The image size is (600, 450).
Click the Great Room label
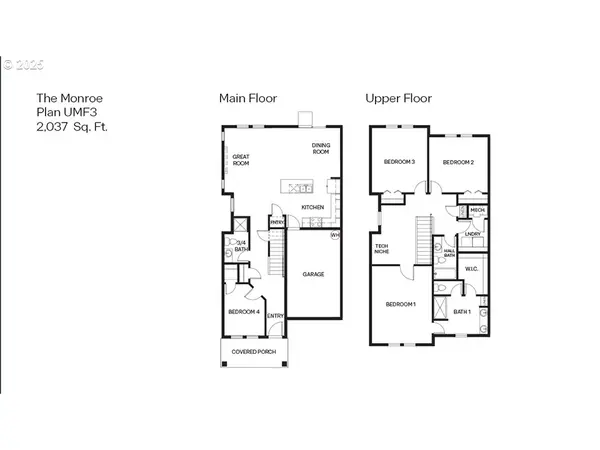click(241, 160)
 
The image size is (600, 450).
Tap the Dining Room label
click(320, 150)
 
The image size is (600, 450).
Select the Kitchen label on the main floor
click(313, 208)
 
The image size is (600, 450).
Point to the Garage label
click(312, 273)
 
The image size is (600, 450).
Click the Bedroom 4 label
click(243, 312)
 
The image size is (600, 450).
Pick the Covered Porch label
click(252, 352)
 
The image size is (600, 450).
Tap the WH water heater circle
click(335, 236)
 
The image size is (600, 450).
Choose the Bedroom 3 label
click(400, 161)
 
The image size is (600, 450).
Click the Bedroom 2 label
click(457, 161)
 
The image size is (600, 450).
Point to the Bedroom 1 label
click(400, 303)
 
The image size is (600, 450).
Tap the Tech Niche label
click(381, 248)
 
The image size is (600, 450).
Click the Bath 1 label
click(461, 311)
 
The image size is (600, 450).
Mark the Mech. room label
click(477, 210)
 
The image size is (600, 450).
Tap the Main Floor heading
click(248, 98)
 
